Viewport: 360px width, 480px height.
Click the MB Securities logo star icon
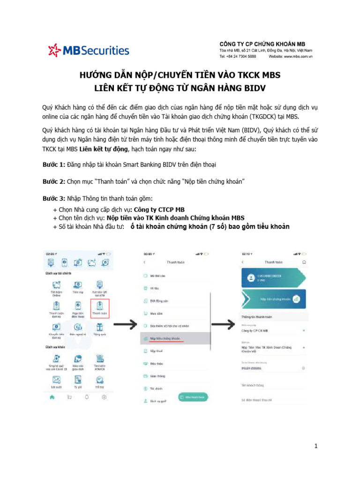pyautogui.click(x=55, y=50)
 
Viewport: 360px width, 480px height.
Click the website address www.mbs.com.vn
pyautogui.click(x=297, y=56)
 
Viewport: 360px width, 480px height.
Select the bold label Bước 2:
pyautogui.click(x=53, y=181)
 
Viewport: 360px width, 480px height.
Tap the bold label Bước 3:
pyautogui.click(x=53, y=198)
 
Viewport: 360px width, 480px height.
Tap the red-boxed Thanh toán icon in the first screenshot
pyautogui.click(x=99, y=308)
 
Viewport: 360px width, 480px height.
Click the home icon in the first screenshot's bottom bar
pyautogui.click(x=52, y=397)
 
